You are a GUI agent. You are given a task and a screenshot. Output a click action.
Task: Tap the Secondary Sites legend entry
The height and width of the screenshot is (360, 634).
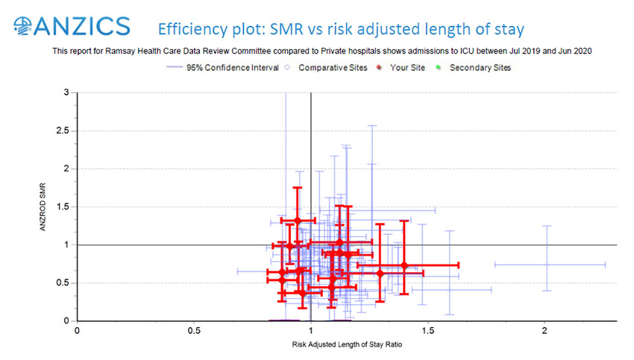480,67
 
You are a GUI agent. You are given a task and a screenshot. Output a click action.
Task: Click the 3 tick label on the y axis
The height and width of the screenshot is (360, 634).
68,92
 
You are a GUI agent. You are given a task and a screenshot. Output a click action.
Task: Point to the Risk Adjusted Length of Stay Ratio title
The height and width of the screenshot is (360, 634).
343,345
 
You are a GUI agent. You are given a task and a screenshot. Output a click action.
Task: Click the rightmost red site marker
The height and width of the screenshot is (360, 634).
404,265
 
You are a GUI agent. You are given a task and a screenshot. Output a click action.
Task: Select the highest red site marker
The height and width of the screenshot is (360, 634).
297,221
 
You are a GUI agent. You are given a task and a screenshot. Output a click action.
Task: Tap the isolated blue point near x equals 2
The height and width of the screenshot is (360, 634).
547,264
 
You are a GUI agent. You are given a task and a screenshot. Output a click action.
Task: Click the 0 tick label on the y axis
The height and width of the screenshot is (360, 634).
68,320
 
